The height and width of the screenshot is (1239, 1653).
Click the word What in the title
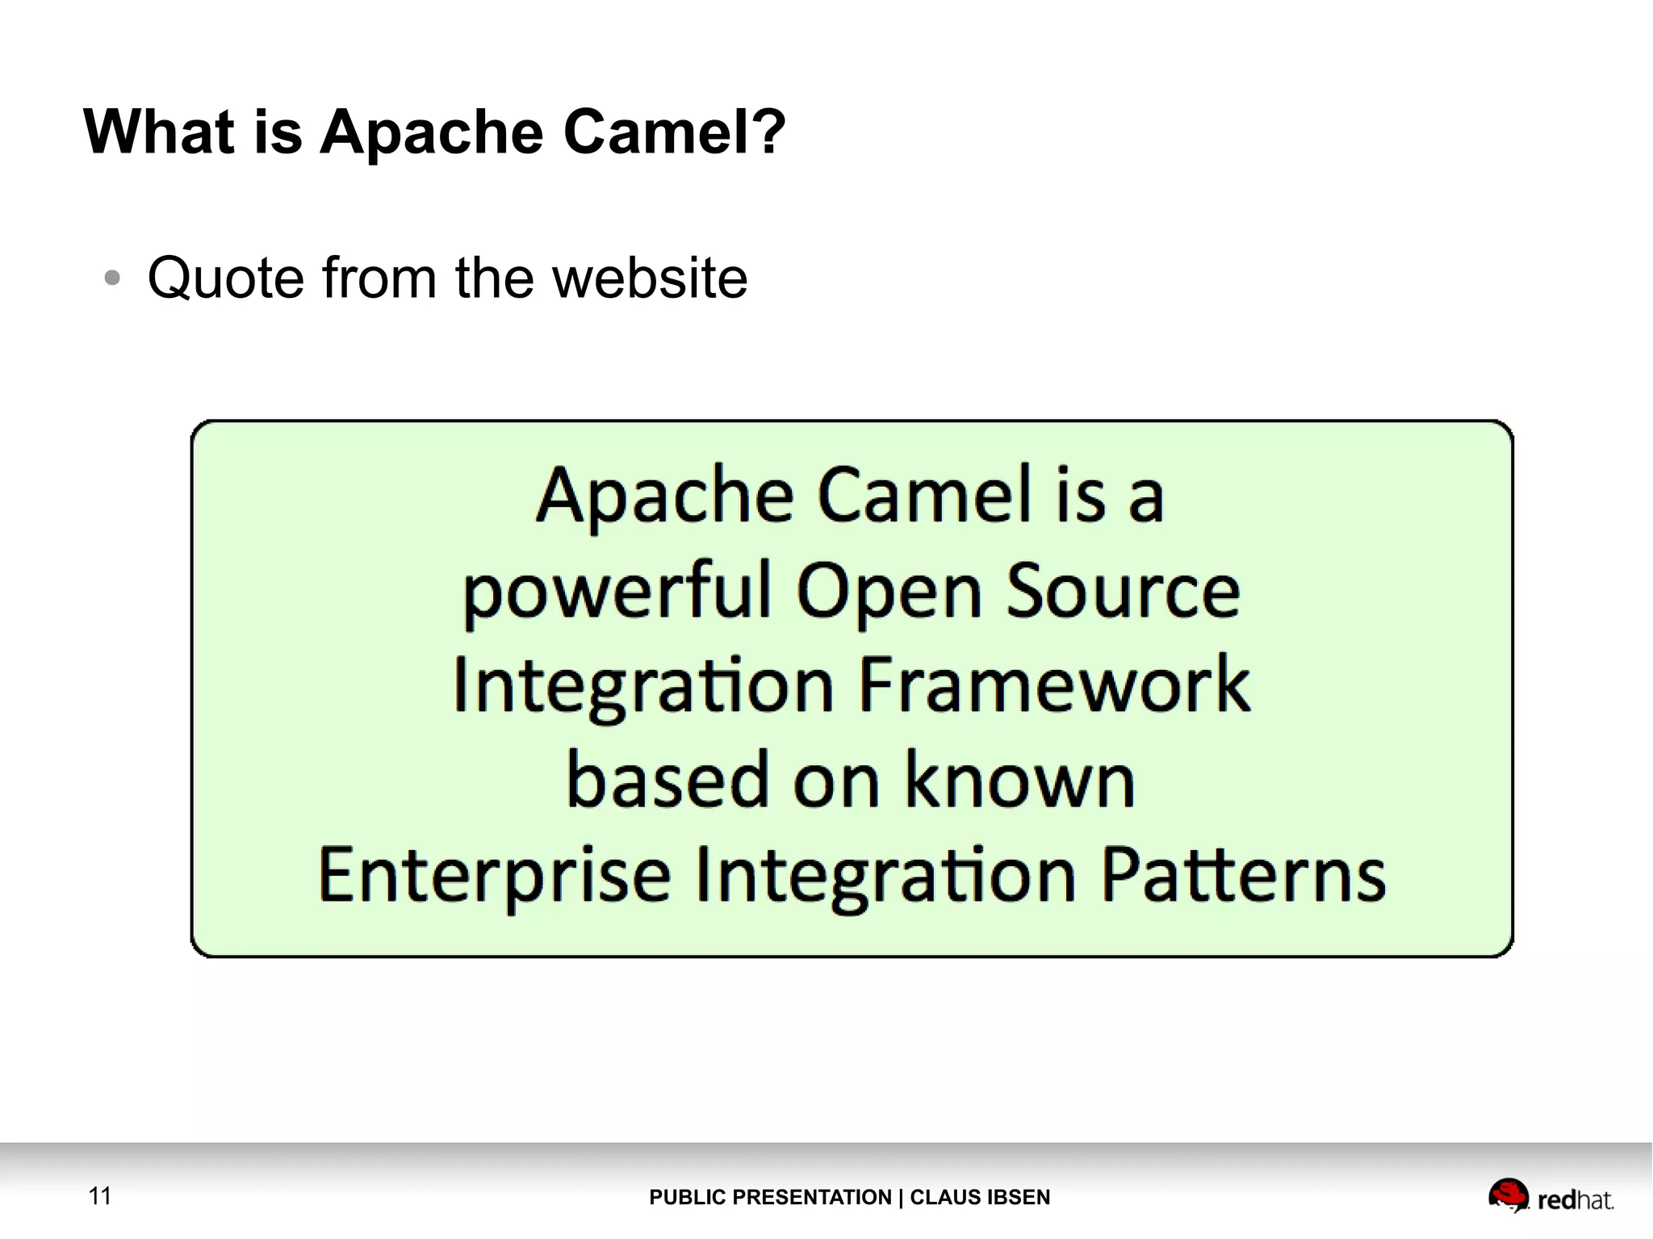point(158,131)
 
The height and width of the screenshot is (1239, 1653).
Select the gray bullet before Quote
point(112,278)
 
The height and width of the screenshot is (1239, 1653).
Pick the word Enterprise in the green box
point(494,876)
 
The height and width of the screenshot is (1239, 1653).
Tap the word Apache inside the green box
point(665,496)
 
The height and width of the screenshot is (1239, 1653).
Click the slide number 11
point(99,1195)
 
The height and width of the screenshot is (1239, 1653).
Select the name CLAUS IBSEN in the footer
point(980,1197)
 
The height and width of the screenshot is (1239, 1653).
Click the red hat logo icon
point(1508,1194)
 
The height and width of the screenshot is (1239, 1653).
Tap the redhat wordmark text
point(1575,1200)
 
